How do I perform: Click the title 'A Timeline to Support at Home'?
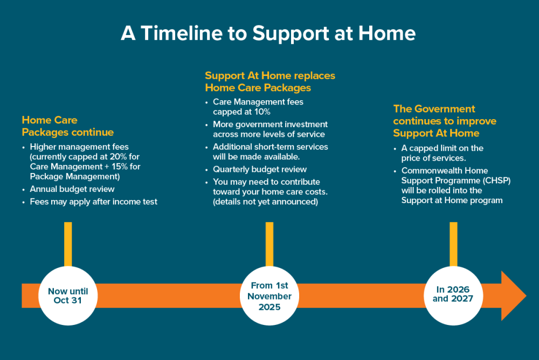click(x=268, y=33)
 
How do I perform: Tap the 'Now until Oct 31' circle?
click(x=68, y=295)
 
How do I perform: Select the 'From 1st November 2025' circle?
click(x=269, y=295)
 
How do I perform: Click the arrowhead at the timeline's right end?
click(x=513, y=296)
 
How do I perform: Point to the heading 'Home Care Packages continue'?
click(x=67, y=126)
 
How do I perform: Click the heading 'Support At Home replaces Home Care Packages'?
click(x=269, y=81)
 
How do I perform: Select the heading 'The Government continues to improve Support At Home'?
click(x=445, y=121)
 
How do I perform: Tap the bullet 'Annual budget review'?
click(x=72, y=189)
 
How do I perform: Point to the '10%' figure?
click(x=260, y=112)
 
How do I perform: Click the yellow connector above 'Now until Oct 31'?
click(x=68, y=244)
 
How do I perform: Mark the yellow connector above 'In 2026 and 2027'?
click(x=453, y=244)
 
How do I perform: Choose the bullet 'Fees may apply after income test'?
click(x=93, y=202)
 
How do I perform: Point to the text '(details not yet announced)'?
click(x=265, y=202)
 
